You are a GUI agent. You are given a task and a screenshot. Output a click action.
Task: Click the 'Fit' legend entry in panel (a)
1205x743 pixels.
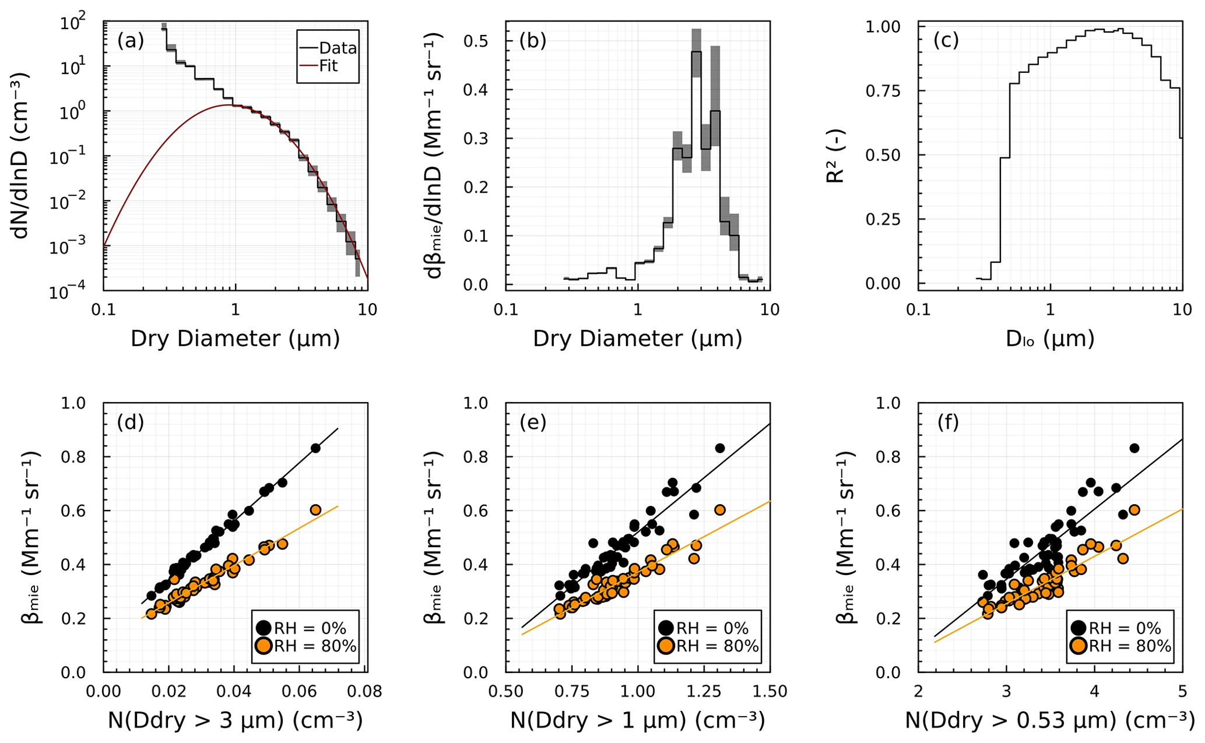pyautogui.click(x=328, y=66)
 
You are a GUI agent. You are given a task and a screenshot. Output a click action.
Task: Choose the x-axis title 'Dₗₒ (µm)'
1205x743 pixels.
pyautogui.click(x=1050, y=339)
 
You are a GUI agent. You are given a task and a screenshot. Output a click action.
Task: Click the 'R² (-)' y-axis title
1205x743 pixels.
pyautogui.click(x=835, y=156)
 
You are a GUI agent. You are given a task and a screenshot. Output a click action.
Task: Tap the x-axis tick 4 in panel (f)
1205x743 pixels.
pyautogui.click(x=1094, y=692)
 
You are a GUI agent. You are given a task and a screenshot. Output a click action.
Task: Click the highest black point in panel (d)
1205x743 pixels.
pyautogui.click(x=315, y=448)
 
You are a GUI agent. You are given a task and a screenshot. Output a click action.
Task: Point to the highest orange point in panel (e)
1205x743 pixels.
pyautogui.click(x=719, y=510)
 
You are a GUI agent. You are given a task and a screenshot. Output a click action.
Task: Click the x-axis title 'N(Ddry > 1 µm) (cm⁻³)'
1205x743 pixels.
pyautogui.click(x=637, y=721)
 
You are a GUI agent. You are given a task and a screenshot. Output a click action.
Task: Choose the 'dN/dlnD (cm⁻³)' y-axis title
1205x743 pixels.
pyautogui.click(x=22, y=156)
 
